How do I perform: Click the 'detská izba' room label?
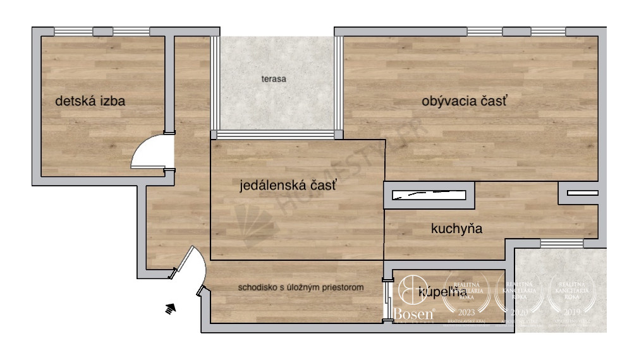tap(90, 100)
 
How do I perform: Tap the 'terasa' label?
tap(275, 80)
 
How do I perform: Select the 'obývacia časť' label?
tap(465, 100)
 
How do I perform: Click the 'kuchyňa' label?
tap(456, 229)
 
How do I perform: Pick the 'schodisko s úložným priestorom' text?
tap(301, 287)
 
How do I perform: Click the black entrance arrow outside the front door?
tap(170, 308)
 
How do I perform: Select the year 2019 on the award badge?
tap(572, 311)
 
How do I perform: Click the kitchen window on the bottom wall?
tap(561, 243)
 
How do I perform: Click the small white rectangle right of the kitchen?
tap(581, 193)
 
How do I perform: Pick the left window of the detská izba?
tap(73, 31)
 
